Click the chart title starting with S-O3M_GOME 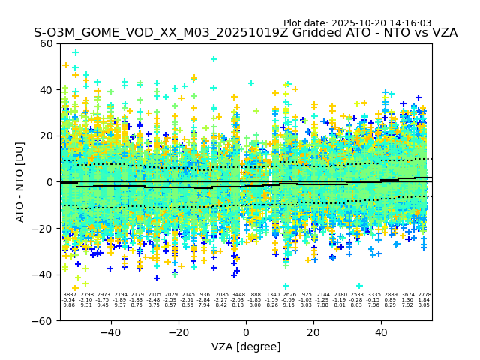click(245, 34)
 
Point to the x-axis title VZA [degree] click(246, 346)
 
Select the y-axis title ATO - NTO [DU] click(20, 182)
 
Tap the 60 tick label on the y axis click(46, 43)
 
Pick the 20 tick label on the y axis click(46, 136)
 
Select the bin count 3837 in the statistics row click(69, 295)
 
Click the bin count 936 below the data click(205, 295)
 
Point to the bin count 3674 click(408, 295)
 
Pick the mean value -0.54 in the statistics click(69, 300)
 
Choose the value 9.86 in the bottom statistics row click(69, 305)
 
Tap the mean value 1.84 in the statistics click(424, 300)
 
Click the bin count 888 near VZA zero click(256, 295)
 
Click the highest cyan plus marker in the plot click(75, 52)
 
